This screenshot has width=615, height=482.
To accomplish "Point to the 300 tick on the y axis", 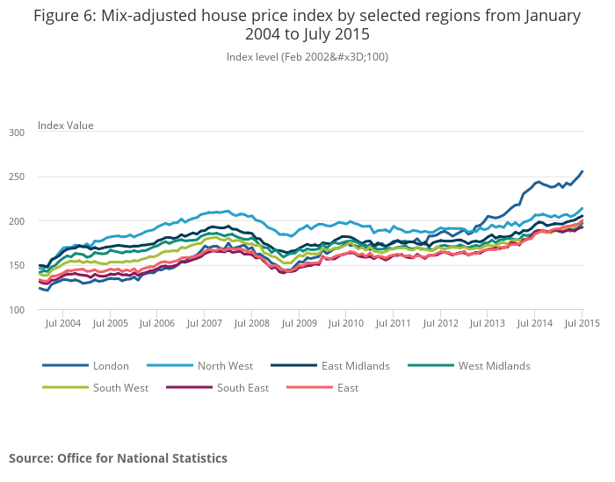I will click(17, 132).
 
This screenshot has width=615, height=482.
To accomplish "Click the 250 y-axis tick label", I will click(17, 176).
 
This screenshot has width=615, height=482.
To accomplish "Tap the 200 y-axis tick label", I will click(17, 221).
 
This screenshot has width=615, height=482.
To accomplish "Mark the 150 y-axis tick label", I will click(17, 265).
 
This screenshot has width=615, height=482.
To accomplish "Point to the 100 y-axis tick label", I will click(17, 310).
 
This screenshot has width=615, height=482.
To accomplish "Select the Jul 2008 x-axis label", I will click(250, 323).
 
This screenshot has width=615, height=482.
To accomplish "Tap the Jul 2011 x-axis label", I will click(393, 323).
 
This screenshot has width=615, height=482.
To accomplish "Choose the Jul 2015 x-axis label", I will click(582, 323).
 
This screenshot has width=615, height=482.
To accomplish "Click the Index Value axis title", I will click(65, 126).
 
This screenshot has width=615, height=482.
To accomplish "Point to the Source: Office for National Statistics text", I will click(118, 458).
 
